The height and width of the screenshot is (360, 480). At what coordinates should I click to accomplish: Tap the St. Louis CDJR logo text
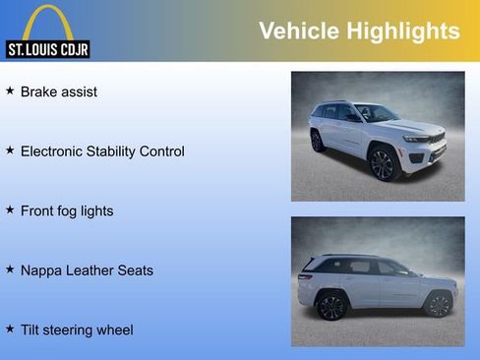[47, 49]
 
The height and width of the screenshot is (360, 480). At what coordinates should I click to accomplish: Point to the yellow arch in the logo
[47, 22]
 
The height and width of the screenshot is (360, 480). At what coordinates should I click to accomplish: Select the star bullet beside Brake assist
[10, 91]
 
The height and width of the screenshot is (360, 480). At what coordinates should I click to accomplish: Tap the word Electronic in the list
[53, 151]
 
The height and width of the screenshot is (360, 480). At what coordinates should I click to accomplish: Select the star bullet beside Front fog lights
[10, 210]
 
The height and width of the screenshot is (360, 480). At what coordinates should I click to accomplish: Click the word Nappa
[41, 270]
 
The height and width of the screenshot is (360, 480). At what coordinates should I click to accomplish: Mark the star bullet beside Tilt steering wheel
[10, 330]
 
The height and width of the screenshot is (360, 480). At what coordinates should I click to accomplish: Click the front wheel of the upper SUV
[383, 164]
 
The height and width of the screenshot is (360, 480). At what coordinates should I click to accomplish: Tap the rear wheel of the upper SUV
[317, 141]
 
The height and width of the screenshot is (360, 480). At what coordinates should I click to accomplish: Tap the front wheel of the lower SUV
[438, 304]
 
